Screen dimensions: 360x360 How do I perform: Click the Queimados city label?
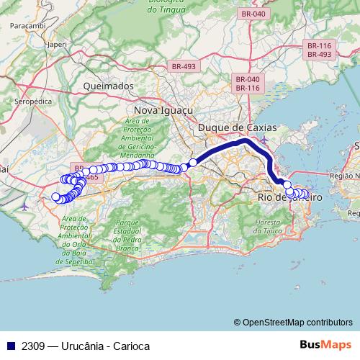pyautogui.click(x=109, y=86)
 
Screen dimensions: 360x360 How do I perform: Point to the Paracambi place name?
pyautogui.click(x=28, y=24)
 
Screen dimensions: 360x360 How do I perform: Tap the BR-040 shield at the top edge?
pyautogui.click(x=254, y=14)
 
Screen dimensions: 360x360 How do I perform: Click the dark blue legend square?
pyautogui.click(x=10, y=346)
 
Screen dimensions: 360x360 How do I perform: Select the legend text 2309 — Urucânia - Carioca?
pyautogui.click(x=86, y=346)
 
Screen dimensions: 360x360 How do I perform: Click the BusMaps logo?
pyautogui.click(x=325, y=345)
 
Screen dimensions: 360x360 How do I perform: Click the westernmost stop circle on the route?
pyautogui.click(x=56, y=197)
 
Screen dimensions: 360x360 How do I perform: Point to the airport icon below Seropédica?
pyautogui.click(x=27, y=204)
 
